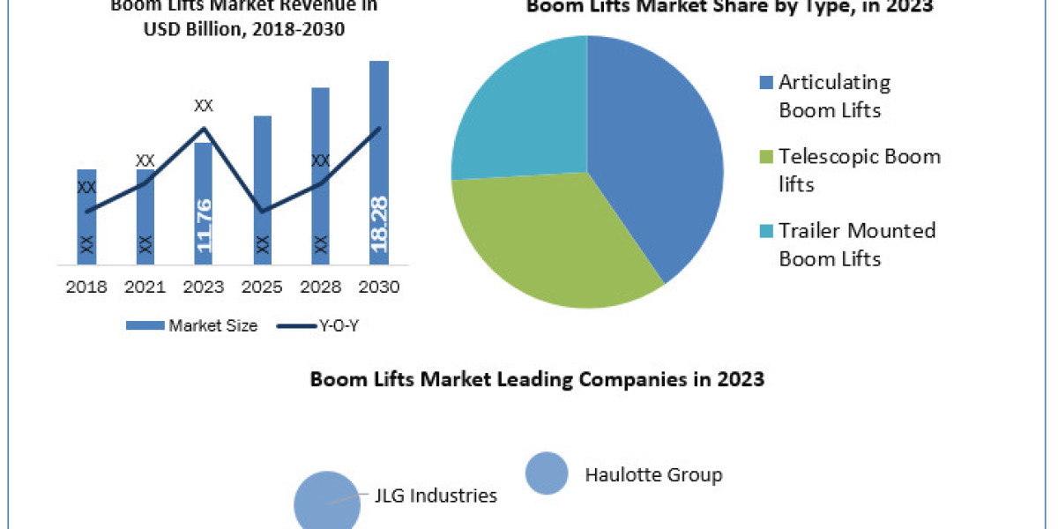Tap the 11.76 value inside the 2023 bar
(204, 226)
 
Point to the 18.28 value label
(379, 224)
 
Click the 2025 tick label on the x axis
(262, 287)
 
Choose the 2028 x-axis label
(321, 287)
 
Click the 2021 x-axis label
(145, 287)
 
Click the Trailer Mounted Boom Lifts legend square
(766, 231)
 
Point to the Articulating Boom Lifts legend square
(766, 83)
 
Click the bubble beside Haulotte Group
(547, 473)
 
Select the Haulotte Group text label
(653, 475)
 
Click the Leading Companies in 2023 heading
(537, 380)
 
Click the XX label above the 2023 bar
(204, 106)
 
